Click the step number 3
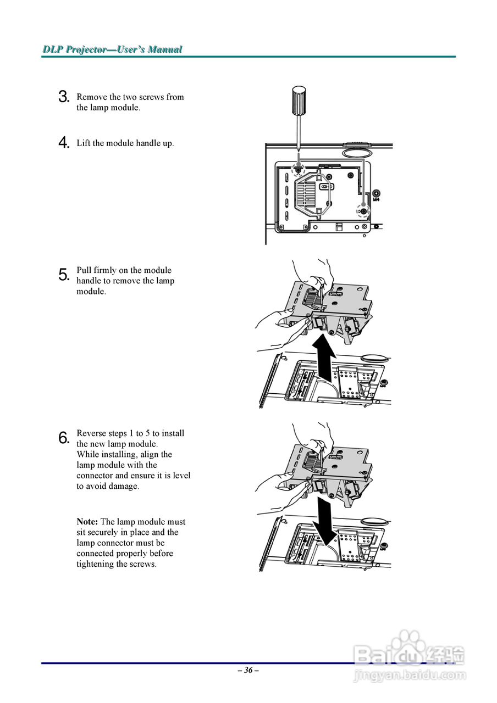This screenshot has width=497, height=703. pyautogui.click(x=63, y=97)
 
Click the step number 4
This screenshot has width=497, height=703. pyautogui.click(x=63, y=143)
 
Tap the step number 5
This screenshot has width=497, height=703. pyautogui.click(x=63, y=274)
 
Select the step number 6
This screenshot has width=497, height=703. pyautogui.click(x=63, y=438)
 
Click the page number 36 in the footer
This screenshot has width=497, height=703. pyautogui.click(x=248, y=670)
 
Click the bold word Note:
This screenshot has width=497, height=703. pyautogui.click(x=87, y=522)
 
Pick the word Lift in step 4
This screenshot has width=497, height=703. pyautogui.click(x=83, y=143)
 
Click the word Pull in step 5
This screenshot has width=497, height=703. pyautogui.click(x=84, y=270)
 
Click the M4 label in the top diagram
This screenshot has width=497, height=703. pyautogui.click(x=376, y=200)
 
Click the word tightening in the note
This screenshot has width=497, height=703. pyautogui.click(x=95, y=564)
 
